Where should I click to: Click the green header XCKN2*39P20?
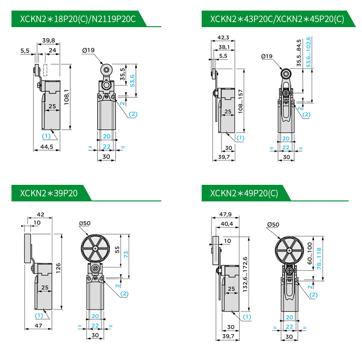click(x=49, y=193)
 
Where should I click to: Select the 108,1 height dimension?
click(x=67, y=97)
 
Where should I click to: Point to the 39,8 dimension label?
click(x=48, y=41)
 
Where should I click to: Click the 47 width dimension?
click(x=39, y=326)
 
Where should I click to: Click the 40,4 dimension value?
click(x=227, y=224)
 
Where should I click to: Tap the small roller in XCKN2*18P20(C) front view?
click(x=105, y=70)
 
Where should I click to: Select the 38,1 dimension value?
click(x=225, y=47)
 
